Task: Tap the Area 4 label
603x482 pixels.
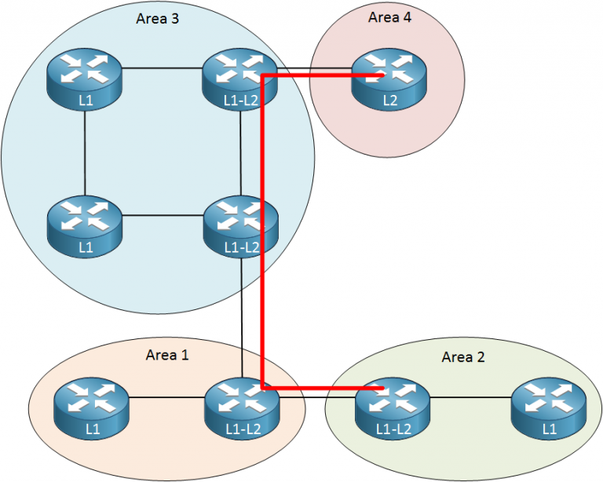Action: pyautogui.click(x=389, y=16)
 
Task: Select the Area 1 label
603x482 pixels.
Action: pyautogui.click(x=167, y=355)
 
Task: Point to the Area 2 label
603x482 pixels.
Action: pyautogui.click(x=463, y=357)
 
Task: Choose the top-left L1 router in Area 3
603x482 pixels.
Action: pyautogui.click(x=84, y=77)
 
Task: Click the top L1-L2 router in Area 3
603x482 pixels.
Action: pyautogui.click(x=239, y=77)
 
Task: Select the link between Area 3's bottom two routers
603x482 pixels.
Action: pyautogui.click(x=161, y=214)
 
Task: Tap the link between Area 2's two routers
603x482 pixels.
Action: pyautogui.click(x=471, y=397)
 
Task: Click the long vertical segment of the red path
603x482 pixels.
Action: pyautogui.click(x=261, y=236)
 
